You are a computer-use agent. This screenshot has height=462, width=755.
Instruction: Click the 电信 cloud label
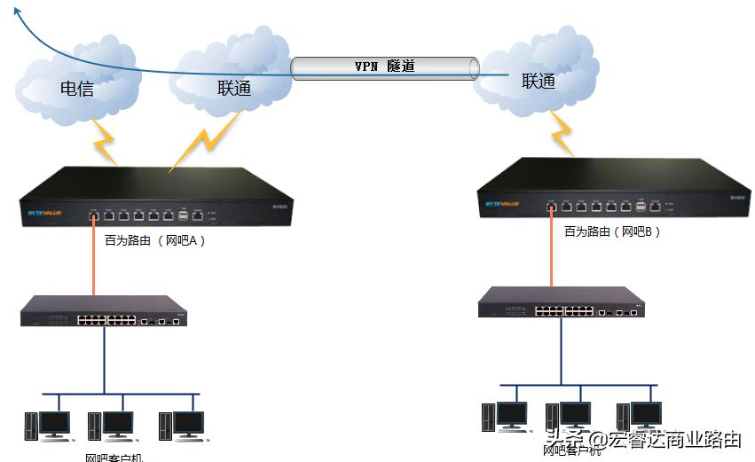click(77, 89)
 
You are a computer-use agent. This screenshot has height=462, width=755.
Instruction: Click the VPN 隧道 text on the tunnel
click(384, 67)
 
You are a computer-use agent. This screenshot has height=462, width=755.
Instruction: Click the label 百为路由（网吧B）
click(613, 231)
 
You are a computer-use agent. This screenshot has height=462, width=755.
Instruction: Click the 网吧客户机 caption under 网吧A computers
click(114, 457)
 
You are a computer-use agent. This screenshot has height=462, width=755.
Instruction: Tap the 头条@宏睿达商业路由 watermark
click(643, 439)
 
